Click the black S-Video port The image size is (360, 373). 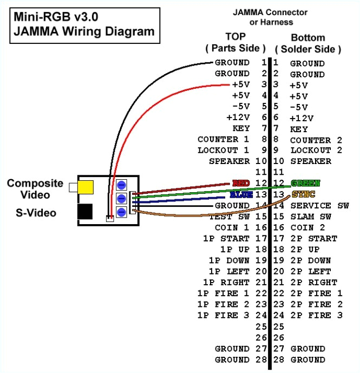point(84,211)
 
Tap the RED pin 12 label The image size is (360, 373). point(240,183)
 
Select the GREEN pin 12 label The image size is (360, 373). point(305,183)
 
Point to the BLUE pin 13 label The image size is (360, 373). point(240,194)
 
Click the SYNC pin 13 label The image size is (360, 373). point(303,194)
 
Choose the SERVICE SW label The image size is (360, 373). point(319,206)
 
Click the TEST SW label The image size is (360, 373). point(231,217)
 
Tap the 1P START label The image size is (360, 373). point(227,238)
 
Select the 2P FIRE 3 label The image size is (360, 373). point(317,315)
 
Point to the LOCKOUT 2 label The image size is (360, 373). point(317,150)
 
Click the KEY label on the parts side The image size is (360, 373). point(241,128)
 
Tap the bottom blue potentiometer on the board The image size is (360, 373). point(122,212)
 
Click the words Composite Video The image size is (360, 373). point(35,189)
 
